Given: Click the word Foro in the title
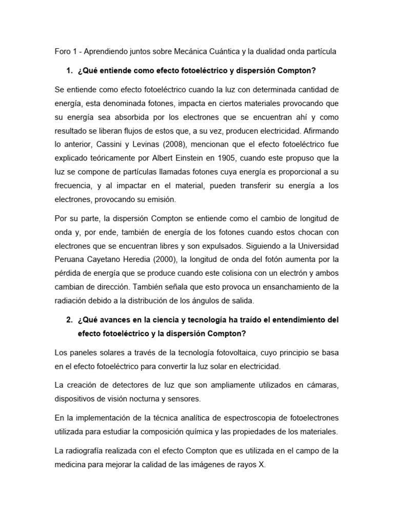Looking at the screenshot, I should pyautogui.click(x=62, y=52).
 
